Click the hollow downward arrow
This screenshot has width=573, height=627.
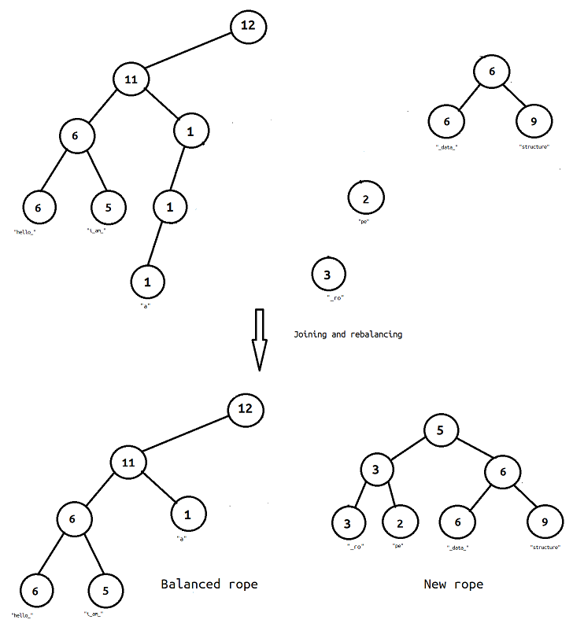(258, 339)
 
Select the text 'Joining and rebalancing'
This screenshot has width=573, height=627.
(347, 334)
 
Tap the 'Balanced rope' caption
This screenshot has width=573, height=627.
(209, 584)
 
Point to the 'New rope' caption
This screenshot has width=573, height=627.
(453, 584)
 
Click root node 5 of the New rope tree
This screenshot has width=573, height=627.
(441, 430)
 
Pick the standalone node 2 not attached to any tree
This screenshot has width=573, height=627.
(366, 199)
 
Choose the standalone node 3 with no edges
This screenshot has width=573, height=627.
(327, 275)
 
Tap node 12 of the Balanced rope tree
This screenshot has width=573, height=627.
(245, 410)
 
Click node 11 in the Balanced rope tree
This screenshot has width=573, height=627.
(128, 464)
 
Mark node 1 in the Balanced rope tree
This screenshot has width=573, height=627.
(187, 515)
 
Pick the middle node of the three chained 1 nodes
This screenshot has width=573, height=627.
(169, 208)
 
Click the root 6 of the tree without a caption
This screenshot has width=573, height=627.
(492, 72)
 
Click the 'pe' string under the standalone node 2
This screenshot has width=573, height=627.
(364, 223)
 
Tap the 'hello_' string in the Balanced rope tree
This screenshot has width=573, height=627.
(23, 614)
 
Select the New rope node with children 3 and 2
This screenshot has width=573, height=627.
(377, 470)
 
